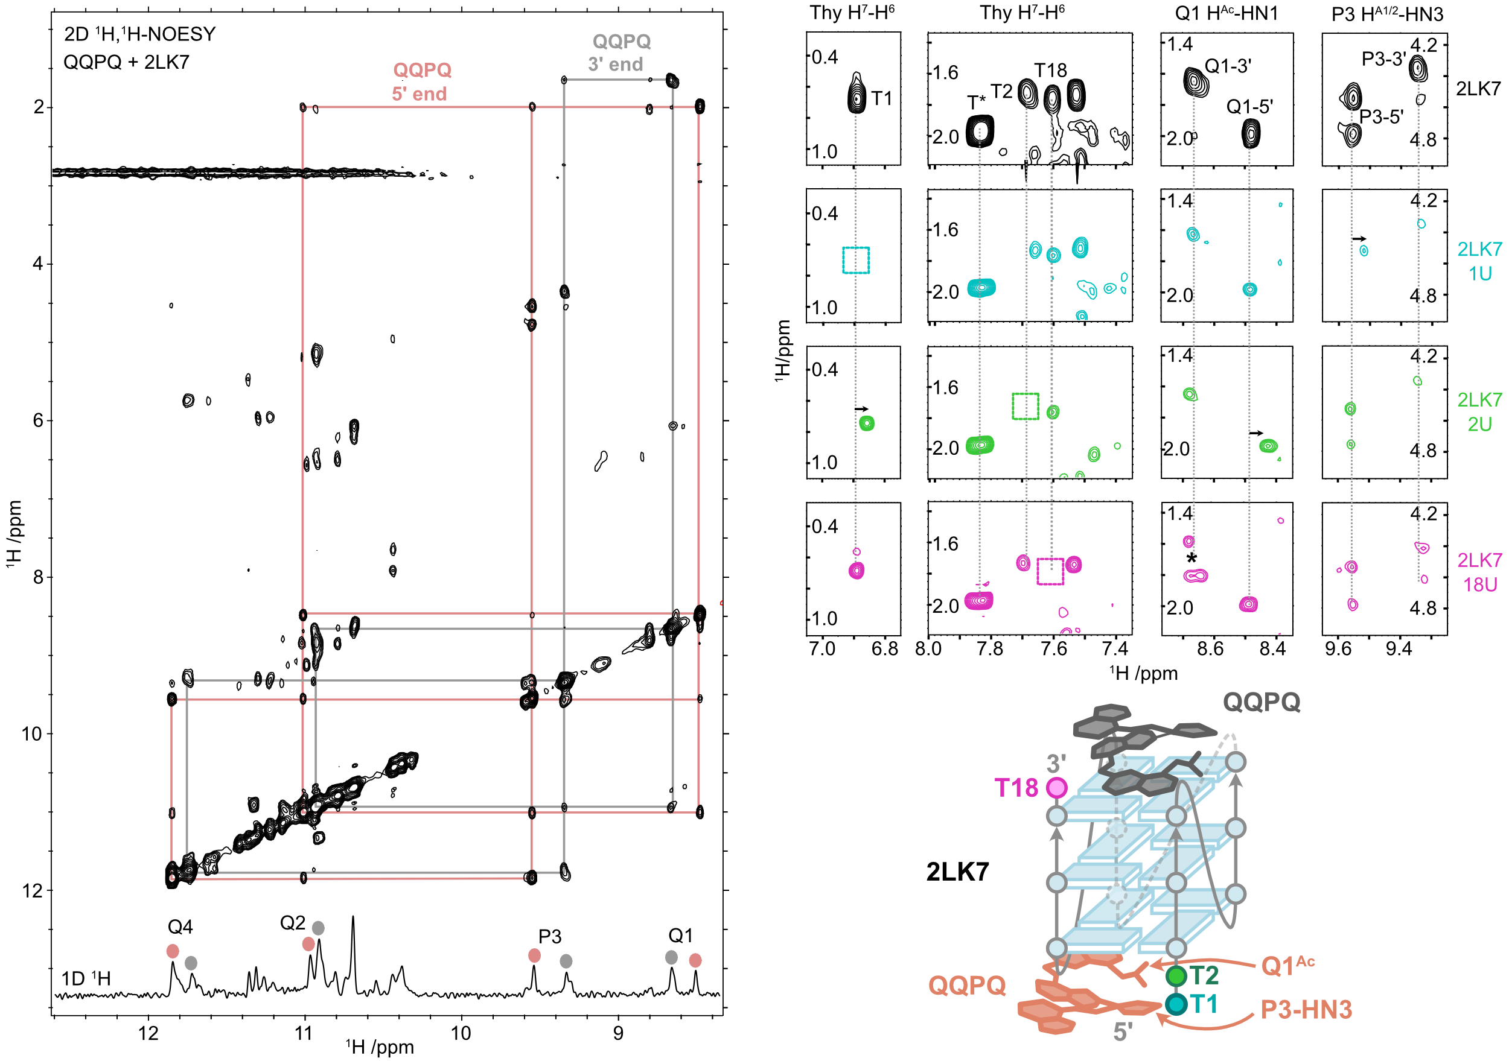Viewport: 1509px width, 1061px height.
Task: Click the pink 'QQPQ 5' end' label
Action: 421,81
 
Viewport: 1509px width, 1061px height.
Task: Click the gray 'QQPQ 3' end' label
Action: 619,52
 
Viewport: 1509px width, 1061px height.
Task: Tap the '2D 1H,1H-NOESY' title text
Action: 139,34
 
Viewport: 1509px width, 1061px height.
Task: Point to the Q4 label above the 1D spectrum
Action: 180,927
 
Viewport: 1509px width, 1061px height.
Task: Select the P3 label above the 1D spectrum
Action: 550,936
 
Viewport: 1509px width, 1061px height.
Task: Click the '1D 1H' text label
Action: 86,978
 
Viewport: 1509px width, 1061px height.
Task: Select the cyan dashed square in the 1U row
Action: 856,260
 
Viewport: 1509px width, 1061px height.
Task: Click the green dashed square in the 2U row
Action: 1026,406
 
